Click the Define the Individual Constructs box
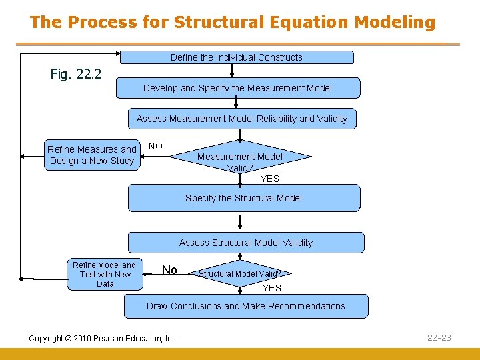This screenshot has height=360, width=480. tap(236, 57)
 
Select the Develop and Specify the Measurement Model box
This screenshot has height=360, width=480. tap(237, 88)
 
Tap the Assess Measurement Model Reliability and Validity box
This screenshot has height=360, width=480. tap(242, 119)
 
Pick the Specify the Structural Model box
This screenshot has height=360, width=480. tap(243, 198)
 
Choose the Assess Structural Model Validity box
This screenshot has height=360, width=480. tap(245, 243)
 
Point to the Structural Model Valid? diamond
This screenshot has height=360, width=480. tap(240, 273)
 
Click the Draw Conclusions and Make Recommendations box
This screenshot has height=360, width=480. tap(245, 306)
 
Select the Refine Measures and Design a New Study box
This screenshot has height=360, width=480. tap(92, 155)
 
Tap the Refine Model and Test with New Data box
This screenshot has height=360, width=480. tap(105, 274)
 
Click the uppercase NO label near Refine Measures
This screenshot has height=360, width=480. tap(155, 146)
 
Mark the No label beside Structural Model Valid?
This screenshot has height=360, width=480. tap(170, 270)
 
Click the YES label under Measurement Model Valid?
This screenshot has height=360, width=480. tap(270, 179)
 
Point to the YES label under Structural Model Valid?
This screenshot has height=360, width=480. tap(272, 288)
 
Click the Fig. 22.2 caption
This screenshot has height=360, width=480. tap(76, 74)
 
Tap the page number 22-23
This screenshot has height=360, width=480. tap(439, 338)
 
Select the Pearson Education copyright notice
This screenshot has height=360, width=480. tap(103, 339)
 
